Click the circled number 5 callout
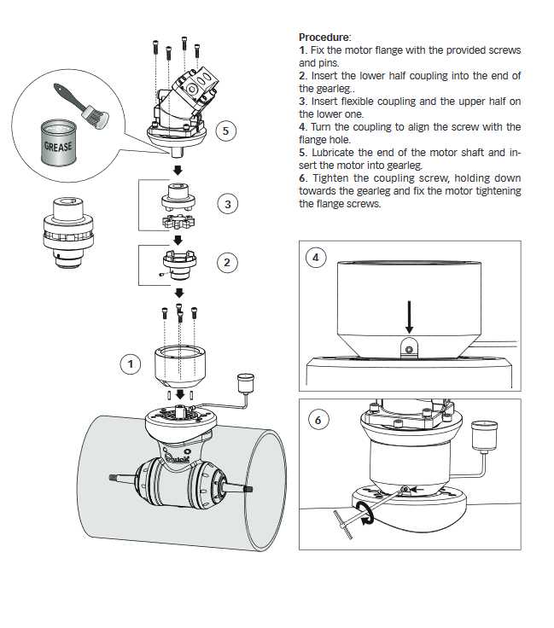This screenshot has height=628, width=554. click(x=225, y=131)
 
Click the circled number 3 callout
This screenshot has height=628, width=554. click(x=228, y=204)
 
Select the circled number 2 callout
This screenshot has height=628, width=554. click(x=227, y=263)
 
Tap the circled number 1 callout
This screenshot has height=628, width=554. click(x=131, y=364)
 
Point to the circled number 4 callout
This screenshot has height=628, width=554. click(x=316, y=258)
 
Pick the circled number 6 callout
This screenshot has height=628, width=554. click(x=318, y=420)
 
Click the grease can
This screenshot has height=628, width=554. click(x=59, y=142)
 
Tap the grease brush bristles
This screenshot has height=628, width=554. click(x=96, y=116)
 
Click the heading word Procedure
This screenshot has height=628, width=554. click(x=324, y=38)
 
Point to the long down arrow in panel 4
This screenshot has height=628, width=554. click(x=409, y=317)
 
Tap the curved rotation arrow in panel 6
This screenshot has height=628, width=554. click(x=366, y=514)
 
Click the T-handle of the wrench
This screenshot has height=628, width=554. click(x=343, y=525)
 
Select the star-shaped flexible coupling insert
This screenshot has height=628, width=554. click(x=178, y=222)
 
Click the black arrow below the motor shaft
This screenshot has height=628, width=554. click(x=178, y=170)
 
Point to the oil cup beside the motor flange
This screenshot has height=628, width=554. click(x=246, y=382)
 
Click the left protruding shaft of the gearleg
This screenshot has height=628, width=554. click(x=122, y=477)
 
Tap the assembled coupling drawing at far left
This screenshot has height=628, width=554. click(x=67, y=232)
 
